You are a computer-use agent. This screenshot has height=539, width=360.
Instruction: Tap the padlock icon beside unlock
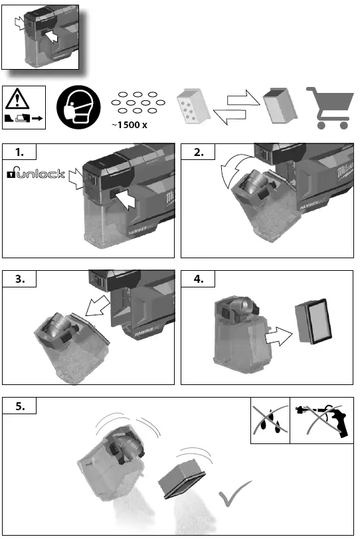[11, 174]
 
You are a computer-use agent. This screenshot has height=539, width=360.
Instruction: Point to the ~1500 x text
[129, 125]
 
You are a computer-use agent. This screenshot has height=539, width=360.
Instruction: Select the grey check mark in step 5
[234, 495]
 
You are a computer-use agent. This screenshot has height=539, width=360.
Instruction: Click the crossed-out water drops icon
[270, 421]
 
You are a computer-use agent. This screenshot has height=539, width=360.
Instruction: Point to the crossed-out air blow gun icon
[321, 421]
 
